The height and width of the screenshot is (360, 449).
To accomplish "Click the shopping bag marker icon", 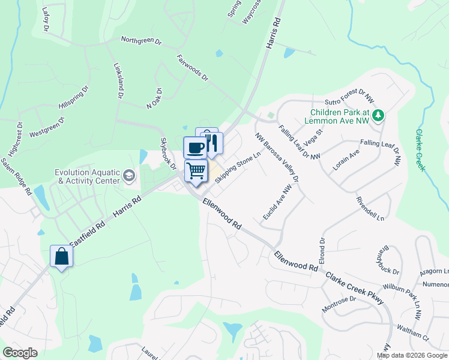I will click(62, 257).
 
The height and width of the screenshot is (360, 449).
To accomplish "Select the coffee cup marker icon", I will click(194, 148).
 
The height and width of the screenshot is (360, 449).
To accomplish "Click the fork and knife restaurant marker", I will click(212, 143).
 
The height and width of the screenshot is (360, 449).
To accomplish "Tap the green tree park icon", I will click(378, 115).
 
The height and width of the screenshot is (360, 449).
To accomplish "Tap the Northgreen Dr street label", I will click(141, 41).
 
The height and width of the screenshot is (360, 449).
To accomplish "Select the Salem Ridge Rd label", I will click(16, 178).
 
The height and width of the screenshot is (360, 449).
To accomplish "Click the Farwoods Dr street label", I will click(192, 68).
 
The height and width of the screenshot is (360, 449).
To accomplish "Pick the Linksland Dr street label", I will click(118, 81).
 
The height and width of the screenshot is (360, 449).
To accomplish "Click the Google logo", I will click(20, 353).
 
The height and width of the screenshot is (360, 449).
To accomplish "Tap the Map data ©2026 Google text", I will click(411, 355).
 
